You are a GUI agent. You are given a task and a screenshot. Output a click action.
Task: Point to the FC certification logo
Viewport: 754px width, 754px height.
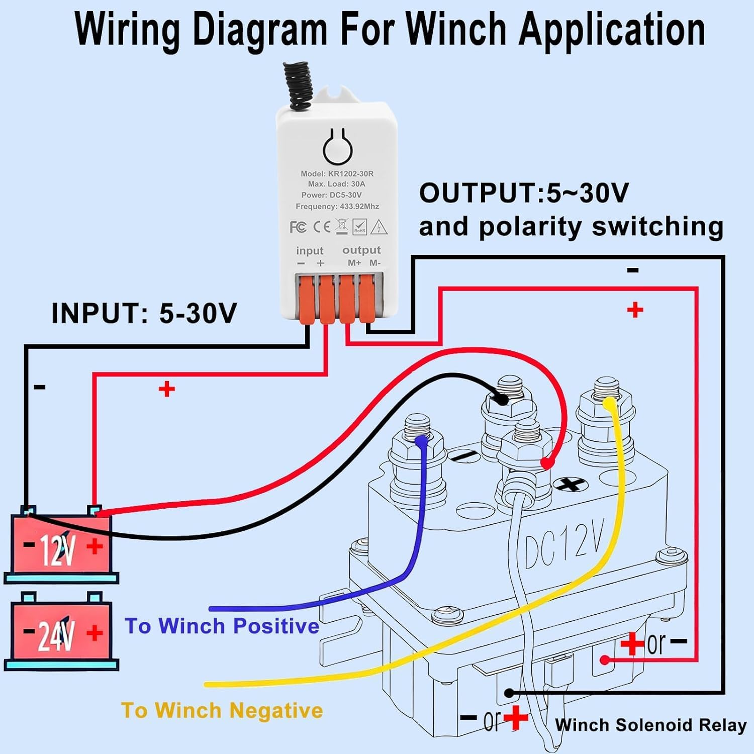coord(298,227)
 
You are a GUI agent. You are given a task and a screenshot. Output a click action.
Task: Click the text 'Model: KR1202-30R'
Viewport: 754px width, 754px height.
coord(337,173)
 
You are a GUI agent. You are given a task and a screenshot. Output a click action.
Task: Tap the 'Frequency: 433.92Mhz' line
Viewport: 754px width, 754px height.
coord(337,206)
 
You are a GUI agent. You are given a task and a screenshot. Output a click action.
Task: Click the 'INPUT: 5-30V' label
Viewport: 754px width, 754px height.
coord(144,313)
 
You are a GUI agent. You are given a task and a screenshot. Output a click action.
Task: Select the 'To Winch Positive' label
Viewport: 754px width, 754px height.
coord(222,626)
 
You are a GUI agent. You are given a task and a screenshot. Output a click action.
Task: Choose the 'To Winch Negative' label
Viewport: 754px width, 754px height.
coord(222,710)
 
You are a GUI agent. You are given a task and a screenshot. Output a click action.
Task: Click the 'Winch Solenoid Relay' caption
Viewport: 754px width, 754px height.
coord(650,725)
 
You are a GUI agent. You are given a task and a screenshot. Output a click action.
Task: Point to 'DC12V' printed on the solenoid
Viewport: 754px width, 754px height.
coord(563,545)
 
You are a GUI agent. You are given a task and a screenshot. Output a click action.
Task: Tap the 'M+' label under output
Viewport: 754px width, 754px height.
coord(354,263)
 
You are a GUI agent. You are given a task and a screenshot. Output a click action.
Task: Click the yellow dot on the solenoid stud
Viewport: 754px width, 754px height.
coord(609,403)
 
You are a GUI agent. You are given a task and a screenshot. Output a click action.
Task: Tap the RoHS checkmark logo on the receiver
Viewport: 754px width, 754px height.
coord(360,227)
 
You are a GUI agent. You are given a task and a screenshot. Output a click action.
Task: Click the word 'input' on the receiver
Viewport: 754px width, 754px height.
coord(310,250)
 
